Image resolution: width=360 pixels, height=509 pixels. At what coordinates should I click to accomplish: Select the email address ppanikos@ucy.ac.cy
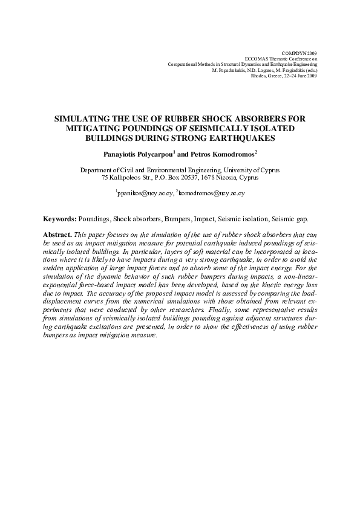coord(144,193)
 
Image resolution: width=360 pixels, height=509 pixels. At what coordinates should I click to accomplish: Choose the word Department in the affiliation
coord(99,170)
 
